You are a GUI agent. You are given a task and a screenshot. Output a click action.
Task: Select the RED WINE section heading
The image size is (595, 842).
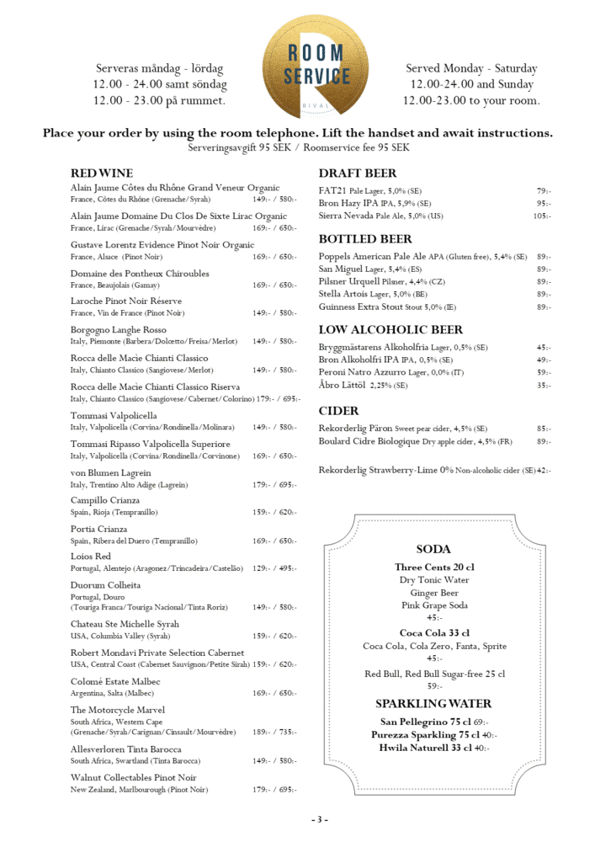point(102,173)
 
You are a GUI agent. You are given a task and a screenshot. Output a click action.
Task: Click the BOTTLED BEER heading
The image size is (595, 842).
point(365,239)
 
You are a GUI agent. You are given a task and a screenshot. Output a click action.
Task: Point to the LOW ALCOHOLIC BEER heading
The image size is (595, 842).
point(390,330)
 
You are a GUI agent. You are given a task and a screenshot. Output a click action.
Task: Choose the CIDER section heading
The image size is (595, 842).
point(338,411)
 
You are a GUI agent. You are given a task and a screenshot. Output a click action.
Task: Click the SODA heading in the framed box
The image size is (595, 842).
point(433,549)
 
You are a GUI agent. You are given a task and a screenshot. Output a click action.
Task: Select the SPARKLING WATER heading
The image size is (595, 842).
point(433,703)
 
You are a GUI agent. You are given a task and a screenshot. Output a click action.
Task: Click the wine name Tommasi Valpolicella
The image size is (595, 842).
point(114,416)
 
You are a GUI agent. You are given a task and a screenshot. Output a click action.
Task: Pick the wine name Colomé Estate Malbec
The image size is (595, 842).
point(115,681)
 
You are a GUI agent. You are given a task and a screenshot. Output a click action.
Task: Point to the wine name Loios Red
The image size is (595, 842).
point(91,557)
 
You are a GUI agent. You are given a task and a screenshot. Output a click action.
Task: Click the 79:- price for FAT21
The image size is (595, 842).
point(544,190)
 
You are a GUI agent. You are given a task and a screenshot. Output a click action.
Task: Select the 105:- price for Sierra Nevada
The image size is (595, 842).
point(541,216)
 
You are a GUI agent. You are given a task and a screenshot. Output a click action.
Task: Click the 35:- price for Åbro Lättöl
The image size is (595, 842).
point(544,386)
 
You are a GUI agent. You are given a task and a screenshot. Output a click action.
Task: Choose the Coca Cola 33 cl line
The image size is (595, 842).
point(433,632)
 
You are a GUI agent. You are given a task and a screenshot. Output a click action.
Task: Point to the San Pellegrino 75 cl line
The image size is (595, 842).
point(433,722)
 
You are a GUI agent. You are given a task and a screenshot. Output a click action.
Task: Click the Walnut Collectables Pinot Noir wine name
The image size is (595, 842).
point(134,777)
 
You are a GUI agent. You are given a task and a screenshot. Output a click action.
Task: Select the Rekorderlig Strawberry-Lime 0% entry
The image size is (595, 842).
point(427,470)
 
